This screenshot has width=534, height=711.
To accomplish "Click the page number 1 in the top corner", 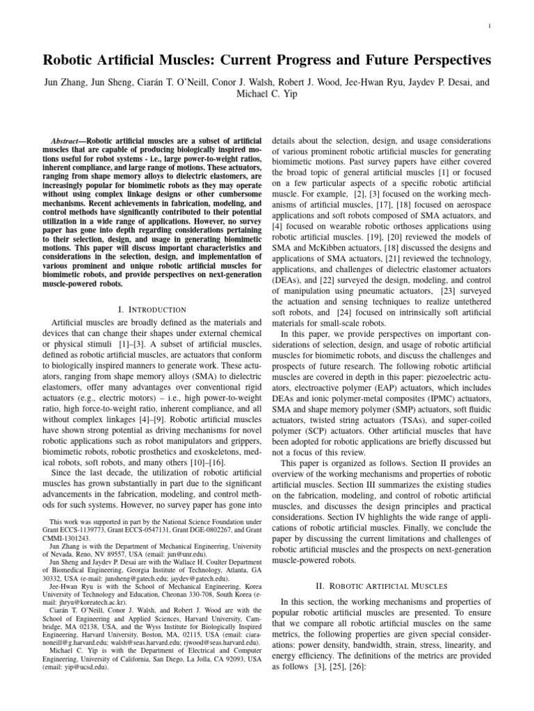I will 491,27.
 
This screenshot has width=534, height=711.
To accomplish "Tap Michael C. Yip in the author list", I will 267,94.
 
